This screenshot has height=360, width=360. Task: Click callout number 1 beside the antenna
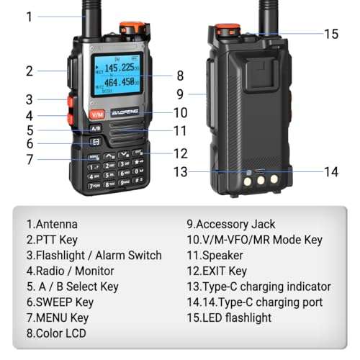[x=30, y=15]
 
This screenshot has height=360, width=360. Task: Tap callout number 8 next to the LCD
[x=179, y=74]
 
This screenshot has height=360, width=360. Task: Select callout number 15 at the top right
[x=330, y=33]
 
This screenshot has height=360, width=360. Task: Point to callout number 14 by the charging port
[x=330, y=171]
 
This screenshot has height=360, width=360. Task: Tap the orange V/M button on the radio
[x=96, y=114]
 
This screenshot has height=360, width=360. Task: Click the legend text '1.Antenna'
[x=52, y=224]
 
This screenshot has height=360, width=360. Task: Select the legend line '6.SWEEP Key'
[x=60, y=302]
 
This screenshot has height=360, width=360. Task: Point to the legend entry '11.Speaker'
[x=215, y=256]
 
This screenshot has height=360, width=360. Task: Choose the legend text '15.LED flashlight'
[x=229, y=318]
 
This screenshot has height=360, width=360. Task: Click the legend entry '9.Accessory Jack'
[x=230, y=224]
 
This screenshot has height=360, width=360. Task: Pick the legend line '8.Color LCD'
[x=56, y=333]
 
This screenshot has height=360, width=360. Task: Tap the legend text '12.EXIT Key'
[x=216, y=271]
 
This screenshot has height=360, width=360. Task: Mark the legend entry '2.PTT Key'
[x=52, y=240]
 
